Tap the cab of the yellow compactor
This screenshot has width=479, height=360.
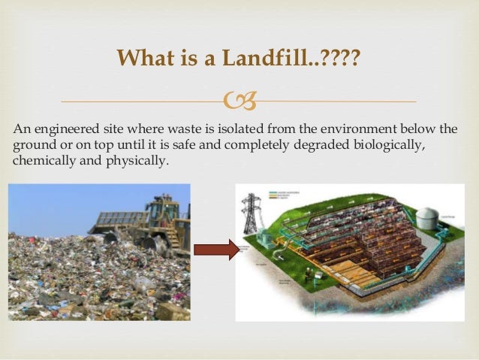(160, 207)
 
